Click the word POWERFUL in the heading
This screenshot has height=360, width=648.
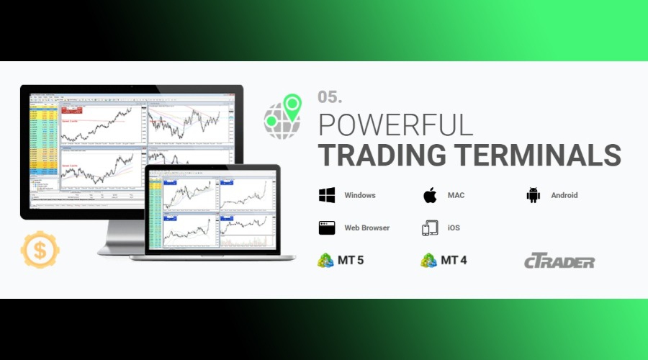[395, 125]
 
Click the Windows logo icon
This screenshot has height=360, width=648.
[327, 195]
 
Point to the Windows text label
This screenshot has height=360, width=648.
[360, 195]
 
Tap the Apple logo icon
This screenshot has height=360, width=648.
[430, 195]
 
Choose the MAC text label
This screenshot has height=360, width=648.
[456, 195]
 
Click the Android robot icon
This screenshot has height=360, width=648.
[534, 195]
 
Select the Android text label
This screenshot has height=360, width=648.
[564, 195]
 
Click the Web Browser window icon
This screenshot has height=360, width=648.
[327, 228]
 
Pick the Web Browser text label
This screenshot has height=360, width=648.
[367, 228]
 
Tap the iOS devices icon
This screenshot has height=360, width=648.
[430, 228]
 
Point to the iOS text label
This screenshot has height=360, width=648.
[454, 228]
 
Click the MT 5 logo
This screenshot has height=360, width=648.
[341, 260]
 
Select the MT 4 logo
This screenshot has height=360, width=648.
[444, 260]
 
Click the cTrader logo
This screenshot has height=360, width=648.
[559, 261]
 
